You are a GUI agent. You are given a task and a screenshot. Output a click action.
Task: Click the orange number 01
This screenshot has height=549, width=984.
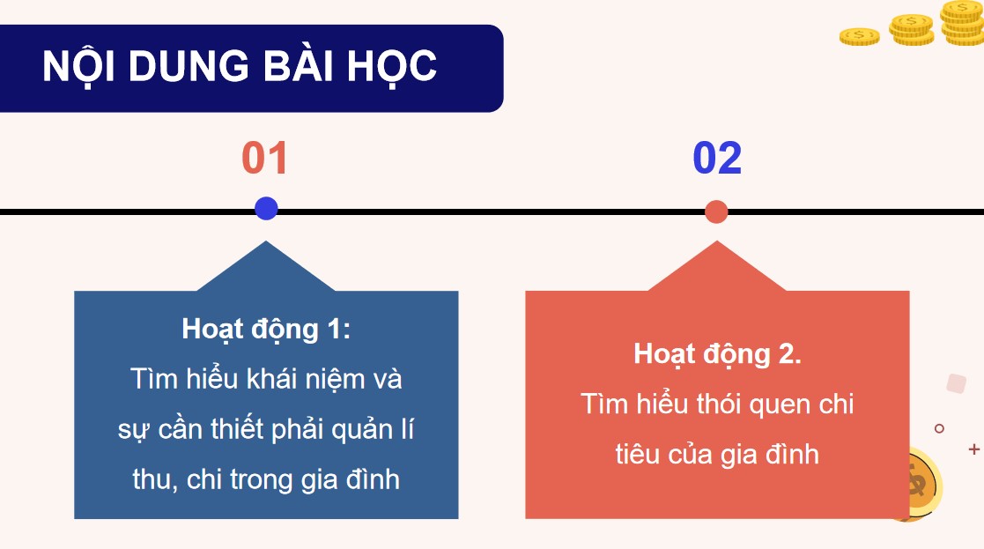point(265,159)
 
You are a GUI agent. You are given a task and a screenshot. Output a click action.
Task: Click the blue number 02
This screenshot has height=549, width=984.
point(717,159)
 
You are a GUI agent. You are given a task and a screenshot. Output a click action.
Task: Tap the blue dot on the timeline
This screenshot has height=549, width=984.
point(266,209)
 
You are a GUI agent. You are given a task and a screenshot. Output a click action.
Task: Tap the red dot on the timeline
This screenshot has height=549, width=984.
point(716,211)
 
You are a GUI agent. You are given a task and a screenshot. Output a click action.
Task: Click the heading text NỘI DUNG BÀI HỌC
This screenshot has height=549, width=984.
point(240,68)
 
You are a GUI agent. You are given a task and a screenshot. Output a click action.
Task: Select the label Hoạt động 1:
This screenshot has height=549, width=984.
point(266,329)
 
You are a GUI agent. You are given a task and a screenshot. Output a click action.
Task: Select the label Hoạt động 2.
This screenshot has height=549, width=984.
point(717,353)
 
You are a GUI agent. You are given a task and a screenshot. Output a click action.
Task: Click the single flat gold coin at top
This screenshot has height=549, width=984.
point(859,36)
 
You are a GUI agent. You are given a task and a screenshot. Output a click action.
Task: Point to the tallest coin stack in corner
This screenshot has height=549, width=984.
point(962,23)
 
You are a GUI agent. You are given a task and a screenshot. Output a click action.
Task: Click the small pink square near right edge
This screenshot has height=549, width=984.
point(956,383)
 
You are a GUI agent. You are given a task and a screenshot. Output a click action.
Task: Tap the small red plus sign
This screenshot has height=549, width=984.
point(973,449)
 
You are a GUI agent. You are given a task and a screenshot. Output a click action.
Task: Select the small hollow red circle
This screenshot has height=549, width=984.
point(939,428)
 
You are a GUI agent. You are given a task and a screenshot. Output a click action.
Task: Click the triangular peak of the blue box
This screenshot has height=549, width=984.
point(266,264)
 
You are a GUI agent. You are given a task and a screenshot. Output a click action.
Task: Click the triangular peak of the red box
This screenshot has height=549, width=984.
point(716,264)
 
